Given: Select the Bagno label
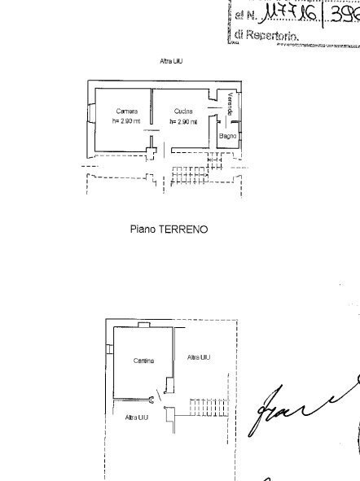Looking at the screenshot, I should pyautogui.click(x=227, y=136).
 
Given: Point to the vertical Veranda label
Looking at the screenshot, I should pyautogui.click(x=230, y=106).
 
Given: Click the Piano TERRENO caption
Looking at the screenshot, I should pyautogui.click(x=169, y=230).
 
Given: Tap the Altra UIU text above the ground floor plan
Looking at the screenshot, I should pyautogui.click(x=170, y=61).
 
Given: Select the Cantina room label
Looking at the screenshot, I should pyautogui.click(x=144, y=360).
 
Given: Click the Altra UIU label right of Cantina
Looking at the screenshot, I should pyautogui.click(x=198, y=358).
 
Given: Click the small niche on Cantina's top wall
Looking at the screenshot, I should pyautogui.click(x=143, y=324).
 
